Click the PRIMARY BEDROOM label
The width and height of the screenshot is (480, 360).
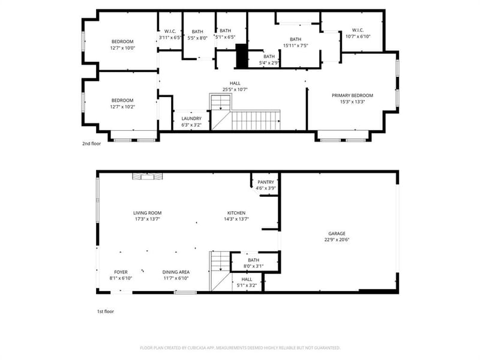[x=352, y=95]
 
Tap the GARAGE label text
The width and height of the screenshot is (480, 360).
[x=337, y=233]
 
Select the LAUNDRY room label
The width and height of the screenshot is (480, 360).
[x=191, y=118]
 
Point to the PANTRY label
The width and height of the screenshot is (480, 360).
[x=266, y=182]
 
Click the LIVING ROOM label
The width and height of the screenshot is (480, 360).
[x=147, y=213]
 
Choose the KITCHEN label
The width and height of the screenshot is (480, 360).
[x=236, y=213]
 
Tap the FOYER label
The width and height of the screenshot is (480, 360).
[x=121, y=272]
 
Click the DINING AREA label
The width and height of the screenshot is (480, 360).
[x=176, y=272]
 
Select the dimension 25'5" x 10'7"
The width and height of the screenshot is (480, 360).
[x=235, y=89]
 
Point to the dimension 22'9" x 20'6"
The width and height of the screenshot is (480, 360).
[x=337, y=240]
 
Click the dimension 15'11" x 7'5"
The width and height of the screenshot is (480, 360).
[x=295, y=46]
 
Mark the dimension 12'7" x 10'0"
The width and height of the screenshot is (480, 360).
[x=122, y=48]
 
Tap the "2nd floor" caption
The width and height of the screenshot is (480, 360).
[x=91, y=143]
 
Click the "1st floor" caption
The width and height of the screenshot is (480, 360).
[x=106, y=311]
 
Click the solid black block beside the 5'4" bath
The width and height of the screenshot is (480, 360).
[x=242, y=56]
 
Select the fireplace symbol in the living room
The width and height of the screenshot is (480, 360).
[x=147, y=176]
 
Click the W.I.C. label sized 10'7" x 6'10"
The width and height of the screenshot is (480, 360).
[x=358, y=30]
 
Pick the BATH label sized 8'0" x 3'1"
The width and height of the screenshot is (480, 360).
[x=253, y=260]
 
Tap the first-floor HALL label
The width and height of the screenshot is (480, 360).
[x=247, y=279]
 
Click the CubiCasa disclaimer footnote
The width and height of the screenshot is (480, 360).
[x=240, y=348]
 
